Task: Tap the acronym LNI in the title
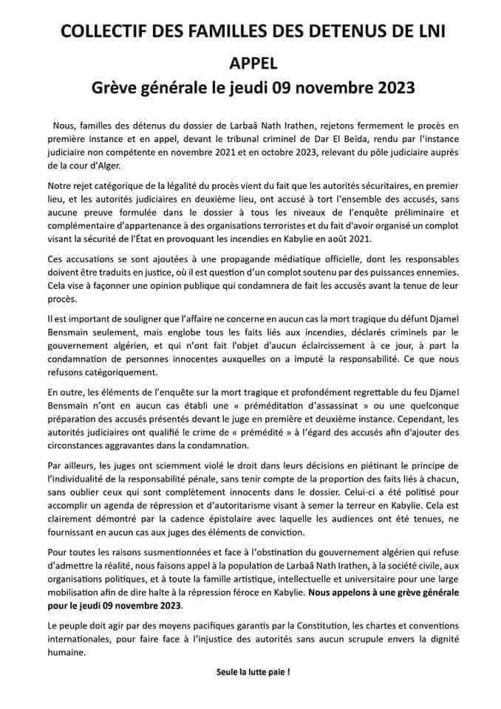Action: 427,30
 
